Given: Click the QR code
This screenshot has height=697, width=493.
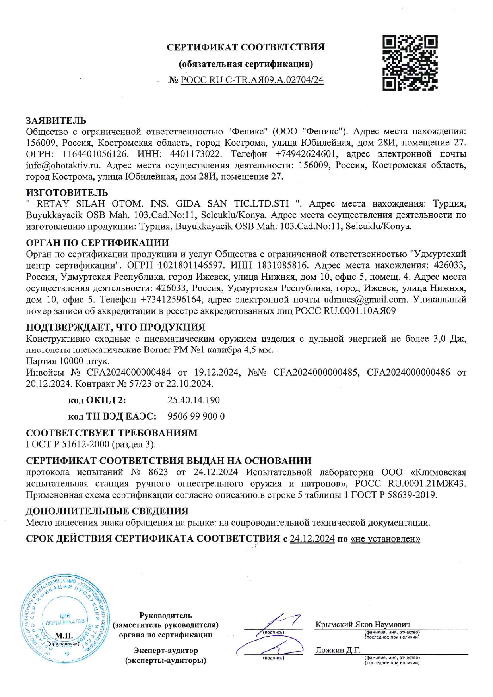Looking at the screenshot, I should point(410,63).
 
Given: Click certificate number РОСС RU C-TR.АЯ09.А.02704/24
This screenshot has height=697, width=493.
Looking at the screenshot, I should point(252,80).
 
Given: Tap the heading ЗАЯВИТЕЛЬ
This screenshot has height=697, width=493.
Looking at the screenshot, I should point(56,120).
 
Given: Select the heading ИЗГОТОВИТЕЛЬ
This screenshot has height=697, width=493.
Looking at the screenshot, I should point(67,193).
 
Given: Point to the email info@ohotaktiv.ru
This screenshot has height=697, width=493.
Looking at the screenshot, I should point(63,165).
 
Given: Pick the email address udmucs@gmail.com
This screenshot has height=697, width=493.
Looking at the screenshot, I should point(365,299).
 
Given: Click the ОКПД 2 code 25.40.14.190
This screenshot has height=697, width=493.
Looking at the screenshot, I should point(194,400).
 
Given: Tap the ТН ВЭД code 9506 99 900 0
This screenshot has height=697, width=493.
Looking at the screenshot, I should point(196,416).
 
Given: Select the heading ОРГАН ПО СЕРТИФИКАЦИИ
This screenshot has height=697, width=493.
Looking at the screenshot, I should point(97,243).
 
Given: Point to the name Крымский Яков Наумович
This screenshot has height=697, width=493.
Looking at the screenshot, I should point(363,625).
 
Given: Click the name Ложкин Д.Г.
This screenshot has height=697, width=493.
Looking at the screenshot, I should point(338,650).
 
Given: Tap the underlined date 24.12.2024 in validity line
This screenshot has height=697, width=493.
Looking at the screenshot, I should point(312,539).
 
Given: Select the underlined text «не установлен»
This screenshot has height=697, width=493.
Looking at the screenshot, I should point(385,539).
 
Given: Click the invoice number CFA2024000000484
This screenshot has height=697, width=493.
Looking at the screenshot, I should point(129,372).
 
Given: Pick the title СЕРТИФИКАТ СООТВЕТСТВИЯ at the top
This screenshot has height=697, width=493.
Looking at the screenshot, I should point(246,47).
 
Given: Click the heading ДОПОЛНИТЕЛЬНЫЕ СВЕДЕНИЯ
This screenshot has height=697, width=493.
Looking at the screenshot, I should point(107,511).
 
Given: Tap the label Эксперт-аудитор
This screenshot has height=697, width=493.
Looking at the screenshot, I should point(165,651).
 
